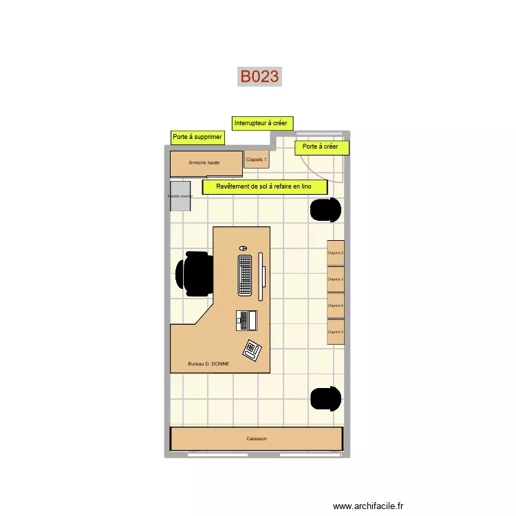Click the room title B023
259,76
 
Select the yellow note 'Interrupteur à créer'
262,123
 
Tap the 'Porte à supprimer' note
197,137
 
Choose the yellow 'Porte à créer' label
321,147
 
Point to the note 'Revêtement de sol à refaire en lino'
264,187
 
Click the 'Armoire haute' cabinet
206,163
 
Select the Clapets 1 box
257,160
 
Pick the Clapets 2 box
336,253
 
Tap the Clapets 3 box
336,279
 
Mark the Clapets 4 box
336,305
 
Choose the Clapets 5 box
336,332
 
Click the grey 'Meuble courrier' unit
180,196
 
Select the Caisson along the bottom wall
257,438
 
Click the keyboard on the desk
246,275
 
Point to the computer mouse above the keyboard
243,248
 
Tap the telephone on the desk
251,350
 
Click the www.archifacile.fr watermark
369,506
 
